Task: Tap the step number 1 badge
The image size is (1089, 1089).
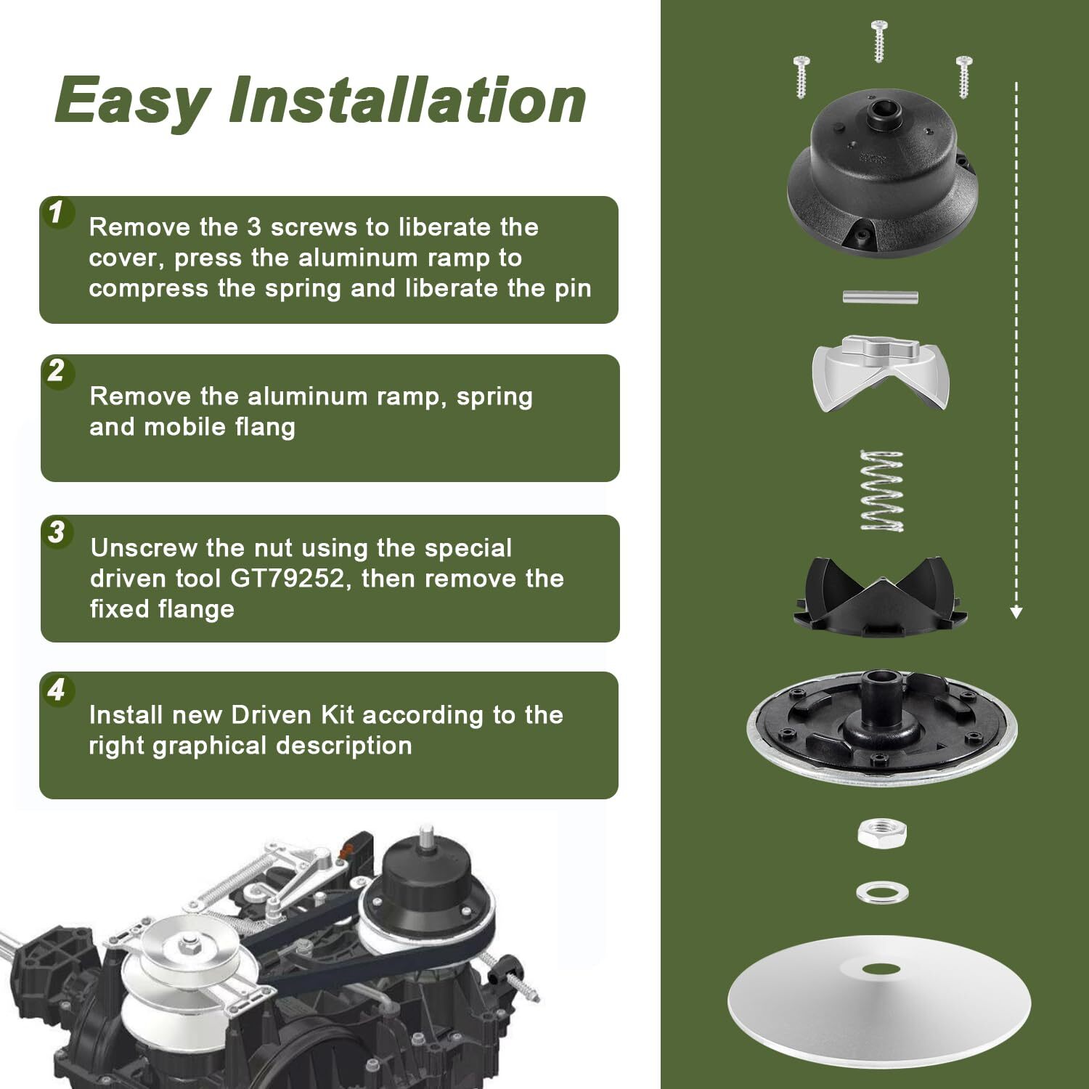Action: pyautogui.click(x=57, y=213)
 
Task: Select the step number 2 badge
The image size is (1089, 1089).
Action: pyautogui.click(x=57, y=372)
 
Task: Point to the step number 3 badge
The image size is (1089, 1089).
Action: pyautogui.click(x=57, y=532)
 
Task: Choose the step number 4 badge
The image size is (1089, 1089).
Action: pyautogui.click(x=57, y=690)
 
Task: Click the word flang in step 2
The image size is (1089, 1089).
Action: pyautogui.click(x=265, y=428)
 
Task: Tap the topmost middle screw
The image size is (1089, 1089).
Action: pyautogui.click(x=878, y=41)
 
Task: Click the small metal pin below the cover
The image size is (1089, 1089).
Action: pyautogui.click(x=881, y=297)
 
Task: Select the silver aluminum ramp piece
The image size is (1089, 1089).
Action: pyautogui.click(x=881, y=372)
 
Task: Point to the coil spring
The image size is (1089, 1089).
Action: pyautogui.click(x=881, y=491)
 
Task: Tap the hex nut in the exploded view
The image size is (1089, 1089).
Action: pyautogui.click(x=882, y=833)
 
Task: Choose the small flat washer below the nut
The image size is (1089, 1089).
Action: pyautogui.click(x=882, y=892)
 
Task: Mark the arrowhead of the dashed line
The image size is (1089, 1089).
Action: pyautogui.click(x=1016, y=612)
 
